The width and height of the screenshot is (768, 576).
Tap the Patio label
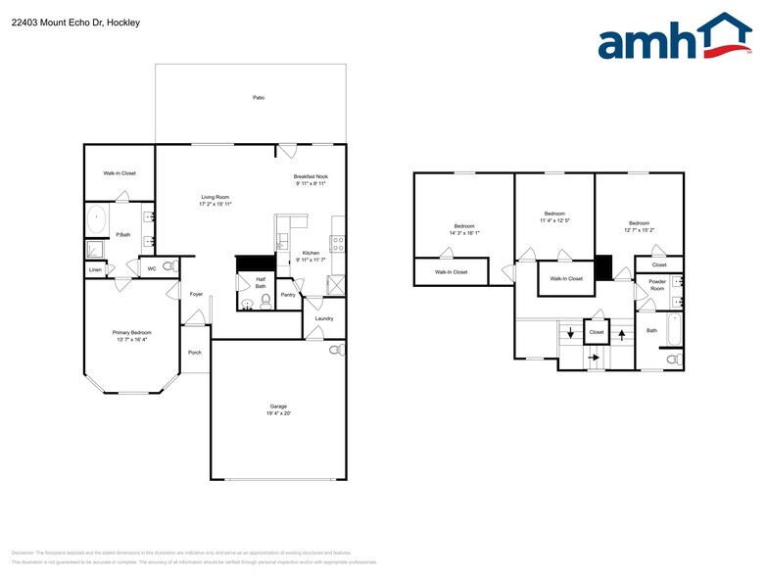tap(259, 98)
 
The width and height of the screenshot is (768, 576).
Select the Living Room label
tap(215, 197)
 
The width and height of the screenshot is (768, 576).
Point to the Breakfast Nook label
tap(310, 176)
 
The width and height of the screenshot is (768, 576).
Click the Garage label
tap(278, 406)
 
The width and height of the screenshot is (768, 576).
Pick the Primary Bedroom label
tap(131, 332)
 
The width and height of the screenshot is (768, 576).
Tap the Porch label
tap(195, 353)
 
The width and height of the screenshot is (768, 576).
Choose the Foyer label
tap(196, 294)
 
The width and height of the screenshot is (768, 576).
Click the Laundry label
tap(323, 318)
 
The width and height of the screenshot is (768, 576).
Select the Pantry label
tap(288, 294)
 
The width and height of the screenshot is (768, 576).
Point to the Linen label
tap(95, 269)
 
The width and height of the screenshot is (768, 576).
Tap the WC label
tap(152, 267)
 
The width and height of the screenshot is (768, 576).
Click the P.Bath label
tap(123, 234)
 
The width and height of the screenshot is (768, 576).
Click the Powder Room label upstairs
tap(656, 285)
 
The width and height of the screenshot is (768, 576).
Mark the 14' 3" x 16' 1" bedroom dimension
tap(463, 233)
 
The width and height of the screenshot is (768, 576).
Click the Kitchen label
tap(310, 253)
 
